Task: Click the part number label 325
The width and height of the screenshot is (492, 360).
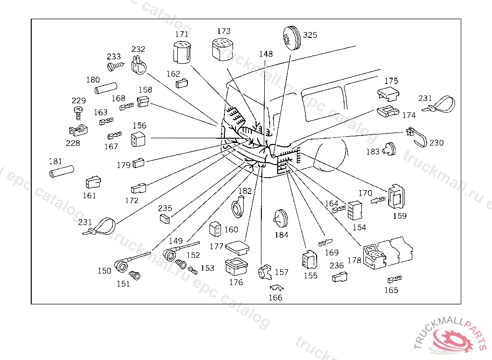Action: point(310,35)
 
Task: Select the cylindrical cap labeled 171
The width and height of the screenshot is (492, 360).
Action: point(182,52)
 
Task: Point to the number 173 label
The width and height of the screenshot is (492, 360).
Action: point(223,31)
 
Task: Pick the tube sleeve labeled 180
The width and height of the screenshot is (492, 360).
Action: point(106,89)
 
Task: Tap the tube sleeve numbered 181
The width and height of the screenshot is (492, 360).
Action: point(61,171)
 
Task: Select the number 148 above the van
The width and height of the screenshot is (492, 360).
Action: point(266,54)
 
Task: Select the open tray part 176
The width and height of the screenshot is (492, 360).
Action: point(235,268)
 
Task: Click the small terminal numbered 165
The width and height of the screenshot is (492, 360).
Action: point(394,279)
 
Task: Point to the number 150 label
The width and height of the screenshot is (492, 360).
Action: point(104,271)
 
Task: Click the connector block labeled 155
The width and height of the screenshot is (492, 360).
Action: point(308,260)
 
